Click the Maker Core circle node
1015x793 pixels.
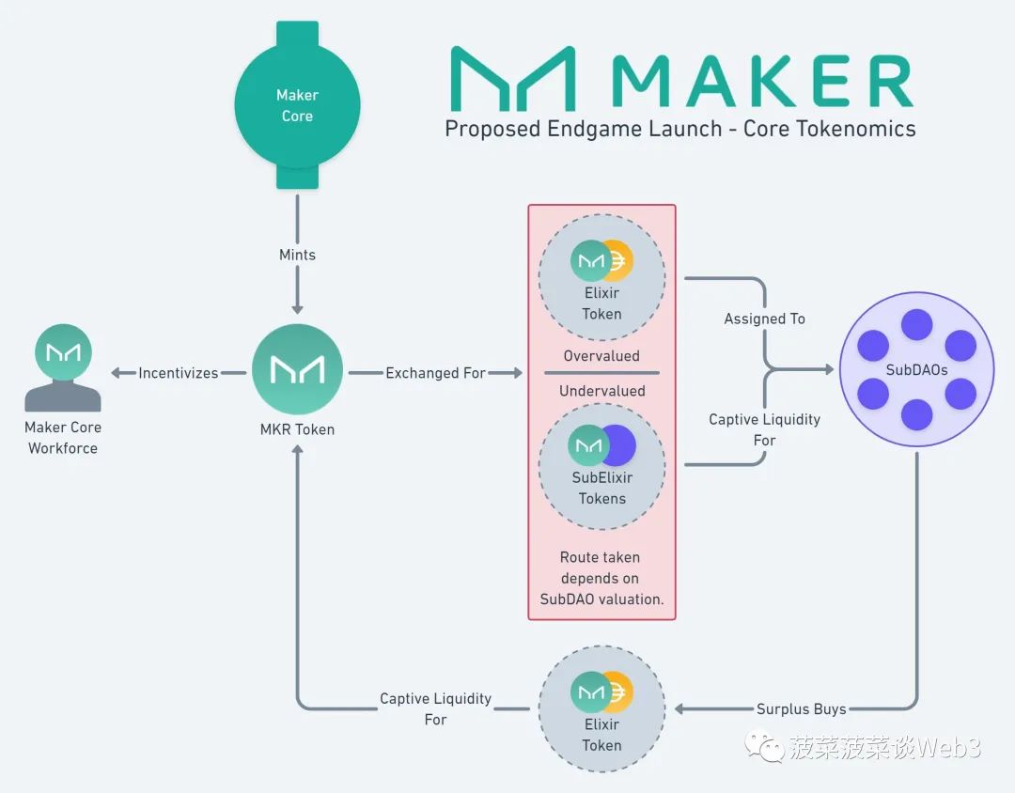tap(297, 105)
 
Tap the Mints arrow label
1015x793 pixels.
tap(297, 255)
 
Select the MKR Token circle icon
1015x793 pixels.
tap(297, 369)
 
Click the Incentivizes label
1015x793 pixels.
tap(179, 373)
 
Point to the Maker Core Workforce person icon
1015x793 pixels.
tap(62, 368)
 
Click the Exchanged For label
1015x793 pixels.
tap(435, 373)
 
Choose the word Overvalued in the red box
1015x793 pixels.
tap(601, 356)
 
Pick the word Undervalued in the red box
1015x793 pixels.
tap(601, 391)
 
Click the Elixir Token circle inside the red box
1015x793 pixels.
tap(601, 280)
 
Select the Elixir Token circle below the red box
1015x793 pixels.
tap(601, 711)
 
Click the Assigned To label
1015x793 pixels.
tap(764, 319)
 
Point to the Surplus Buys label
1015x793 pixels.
tap(801, 709)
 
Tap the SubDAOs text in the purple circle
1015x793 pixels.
tap(916, 369)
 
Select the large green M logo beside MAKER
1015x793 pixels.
tap(512, 80)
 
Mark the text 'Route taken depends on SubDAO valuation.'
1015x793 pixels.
tap(601, 578)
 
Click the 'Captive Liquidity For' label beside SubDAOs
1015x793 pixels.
tap(764, 429)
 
